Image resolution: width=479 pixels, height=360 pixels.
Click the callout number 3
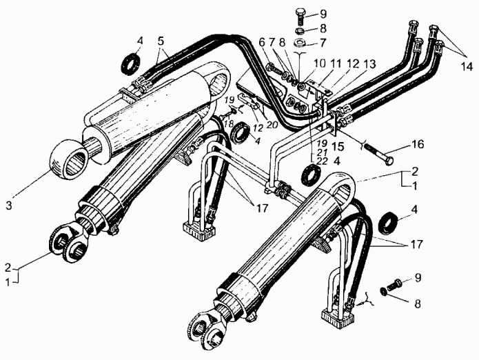(x=9, y=206)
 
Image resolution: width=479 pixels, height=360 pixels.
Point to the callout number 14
(x=466, y=66)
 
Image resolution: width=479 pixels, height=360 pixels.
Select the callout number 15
(x=338, y=146)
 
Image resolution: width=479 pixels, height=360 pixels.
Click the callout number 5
(x=161, y=41)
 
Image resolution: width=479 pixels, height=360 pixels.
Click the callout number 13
(x=369, y=64)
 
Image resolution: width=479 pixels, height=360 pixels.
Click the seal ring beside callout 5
(x=131, y=64)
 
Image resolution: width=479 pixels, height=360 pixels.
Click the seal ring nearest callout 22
(x=311, y=175)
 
